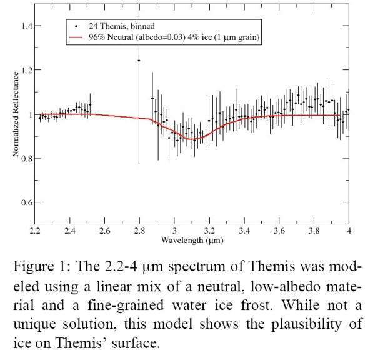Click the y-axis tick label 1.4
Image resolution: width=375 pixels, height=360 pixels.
[27, 26]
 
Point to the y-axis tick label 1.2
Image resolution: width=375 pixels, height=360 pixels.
[27, 71]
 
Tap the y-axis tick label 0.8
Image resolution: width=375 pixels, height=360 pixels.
[27, 159]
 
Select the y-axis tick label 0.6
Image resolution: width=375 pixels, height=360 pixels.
[27, 203]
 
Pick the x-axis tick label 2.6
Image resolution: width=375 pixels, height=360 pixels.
[104, 231]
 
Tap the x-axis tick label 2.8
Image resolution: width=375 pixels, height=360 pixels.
[139, 231]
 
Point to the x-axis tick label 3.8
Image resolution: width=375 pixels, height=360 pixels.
[314, 231]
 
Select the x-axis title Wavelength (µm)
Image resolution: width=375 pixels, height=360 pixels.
[191, 239]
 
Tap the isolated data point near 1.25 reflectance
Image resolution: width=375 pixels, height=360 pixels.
[139, 61]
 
